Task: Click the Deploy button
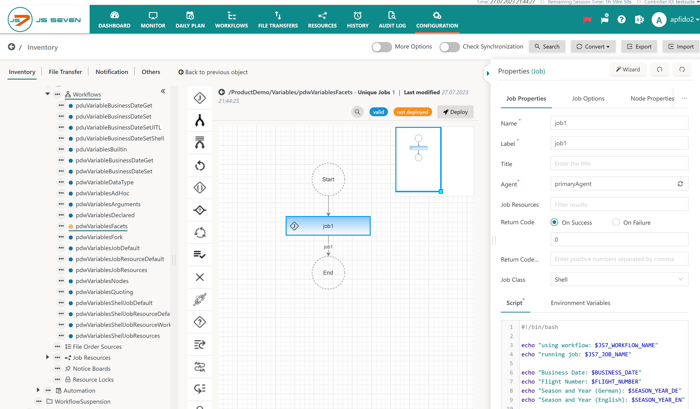[455, 112]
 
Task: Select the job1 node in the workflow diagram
[328, 226]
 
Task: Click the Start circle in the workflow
[328, 179]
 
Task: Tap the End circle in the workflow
[328, 273]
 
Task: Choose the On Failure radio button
[616, 222]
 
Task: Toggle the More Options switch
[382, 47]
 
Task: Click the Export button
[639, 47]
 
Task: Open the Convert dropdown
[593, 47]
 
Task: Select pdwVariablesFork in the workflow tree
[99, 237]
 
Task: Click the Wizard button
[628, 70]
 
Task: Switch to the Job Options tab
[588, 98]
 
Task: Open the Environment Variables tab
[580, 303]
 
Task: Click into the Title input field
[619, 164]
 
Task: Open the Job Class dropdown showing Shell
[619, 279]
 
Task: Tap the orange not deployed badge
[412, 112]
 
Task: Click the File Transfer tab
[65, 72]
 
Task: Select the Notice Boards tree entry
[92, 368]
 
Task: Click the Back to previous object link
[213, 72]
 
